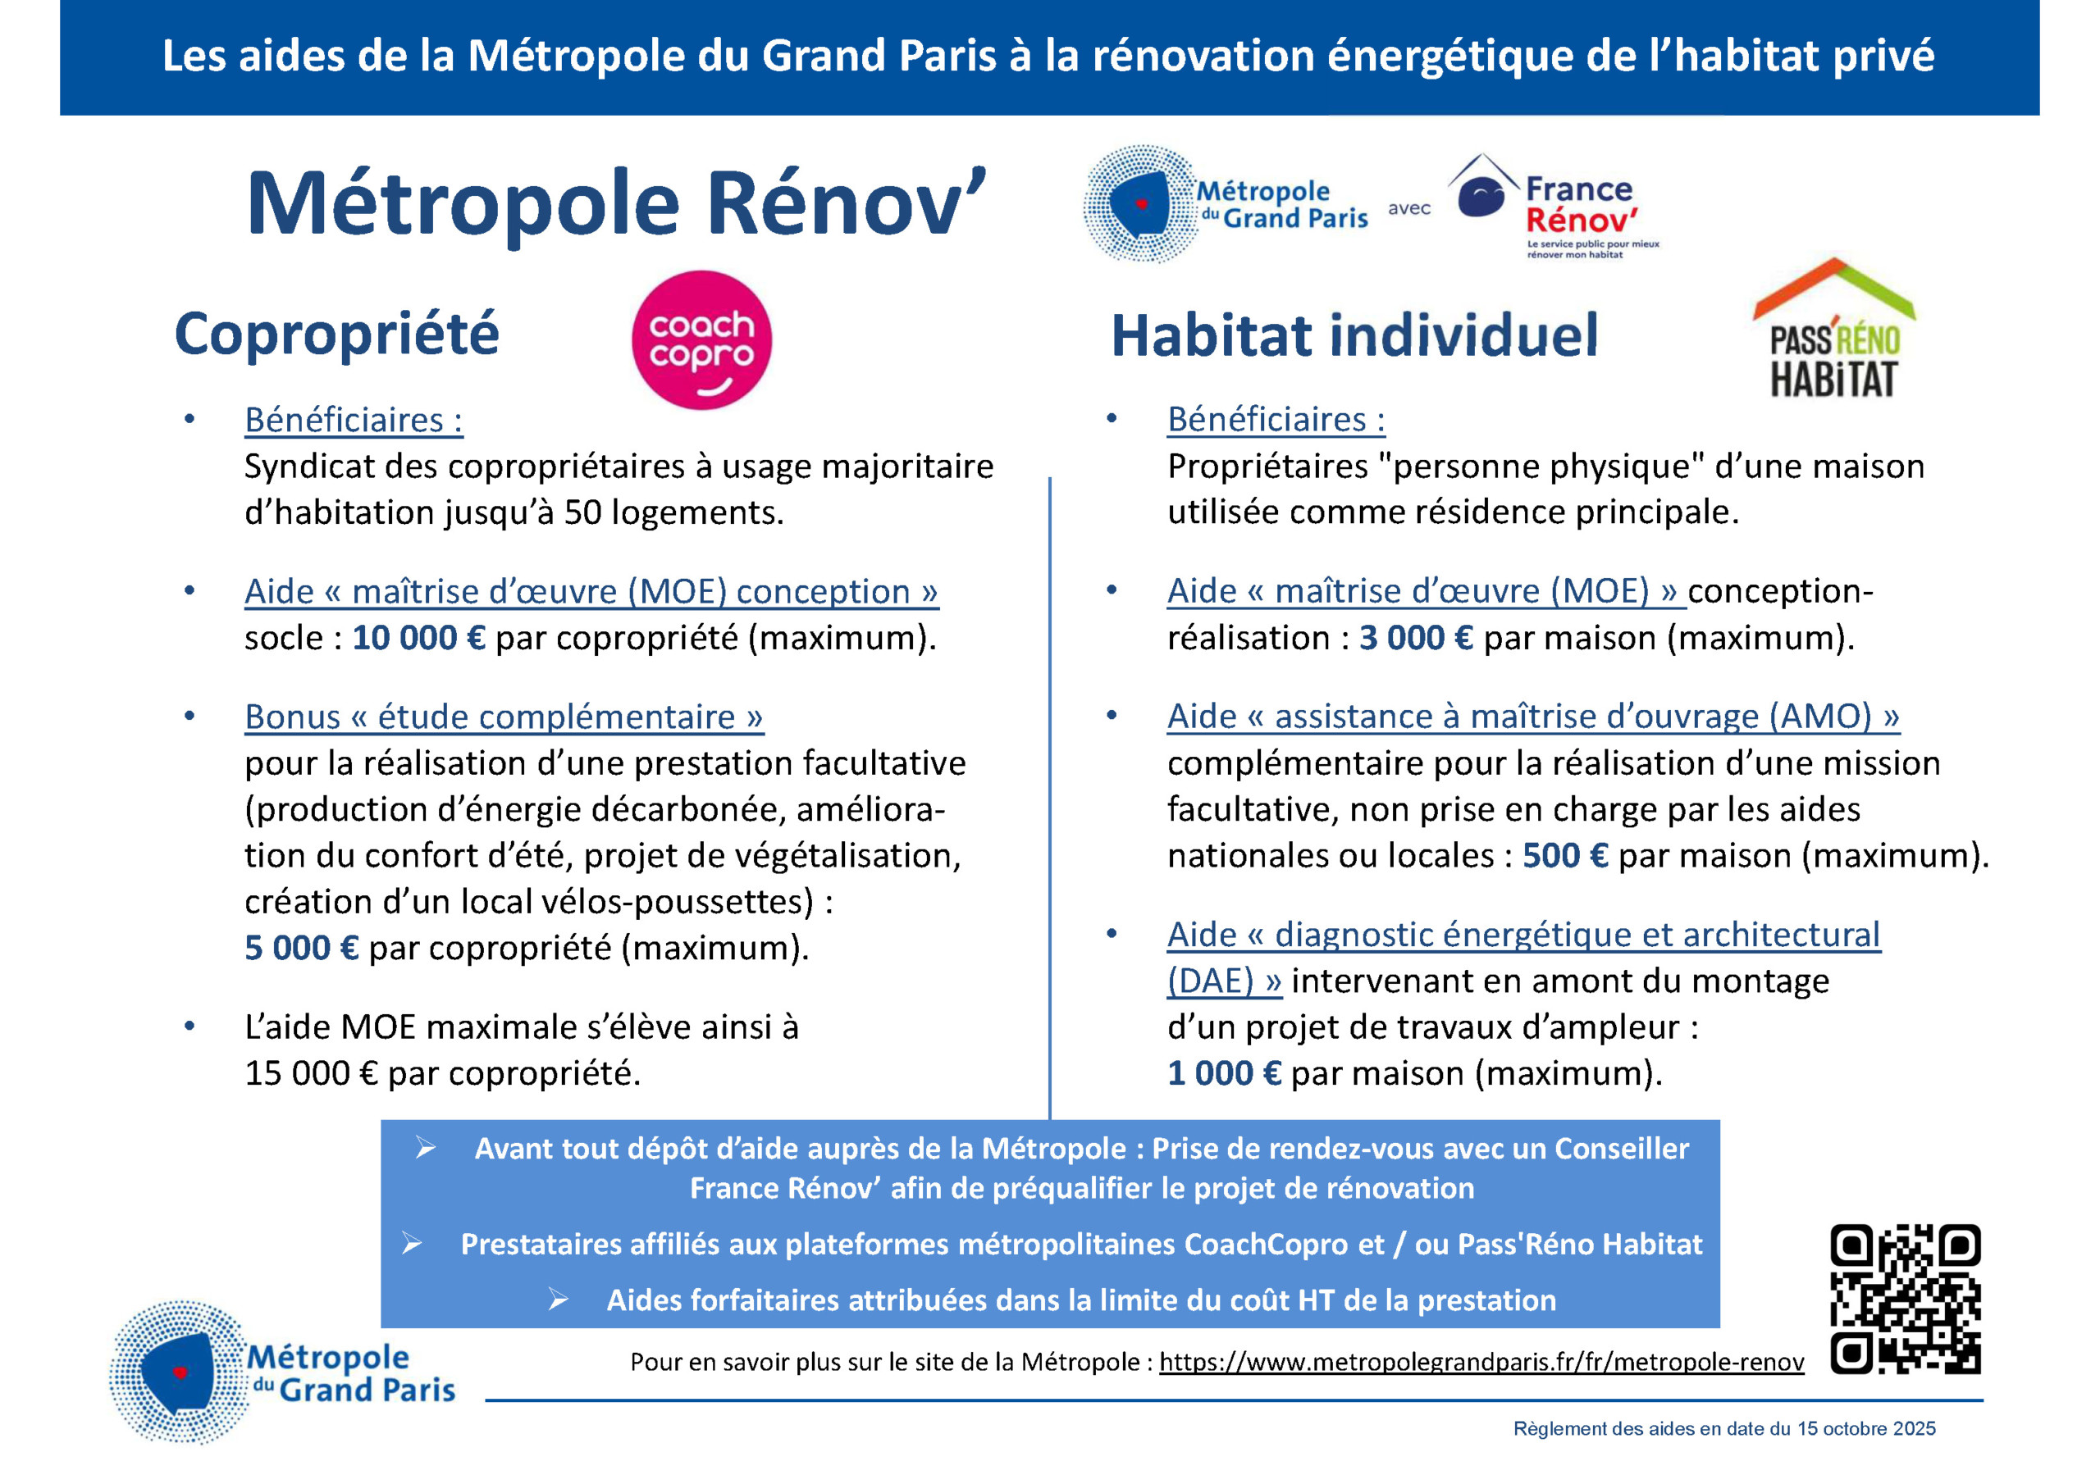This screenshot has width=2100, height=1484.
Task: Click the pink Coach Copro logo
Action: click(701, 340)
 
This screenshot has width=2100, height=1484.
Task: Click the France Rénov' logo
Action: click(1554, 207)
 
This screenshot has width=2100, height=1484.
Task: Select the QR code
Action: click(1906, 1300)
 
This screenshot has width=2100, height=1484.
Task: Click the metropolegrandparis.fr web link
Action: click(1481, 1363)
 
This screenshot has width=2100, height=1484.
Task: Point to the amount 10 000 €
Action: click(418, 638)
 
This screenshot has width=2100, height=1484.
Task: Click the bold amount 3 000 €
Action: click(1415, 638)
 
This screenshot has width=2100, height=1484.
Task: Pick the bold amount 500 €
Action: click(1564, 856)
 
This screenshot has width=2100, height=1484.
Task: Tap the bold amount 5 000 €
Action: click(301, 948)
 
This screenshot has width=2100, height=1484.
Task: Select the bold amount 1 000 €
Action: click(1224, 1073)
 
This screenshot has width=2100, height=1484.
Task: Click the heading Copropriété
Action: click(336, 335)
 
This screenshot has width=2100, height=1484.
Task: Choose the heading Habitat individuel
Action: click(1354, 335)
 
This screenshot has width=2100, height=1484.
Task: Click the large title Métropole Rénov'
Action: click(616, 205)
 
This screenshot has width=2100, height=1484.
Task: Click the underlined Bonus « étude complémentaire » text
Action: click(504, 717)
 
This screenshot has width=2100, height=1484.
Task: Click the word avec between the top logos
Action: click(1408, 208)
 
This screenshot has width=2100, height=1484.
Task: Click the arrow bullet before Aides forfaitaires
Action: click(558, 1300)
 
